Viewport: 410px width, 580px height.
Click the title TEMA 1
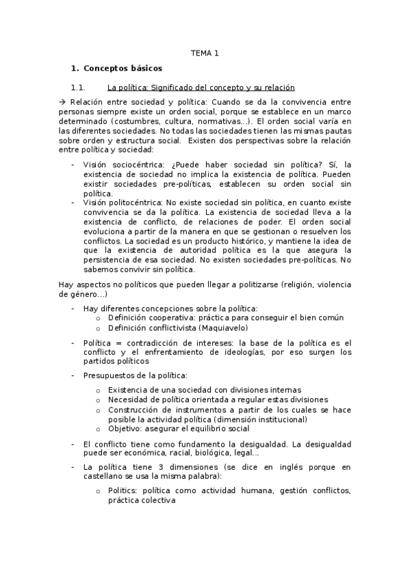[205, 52]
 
